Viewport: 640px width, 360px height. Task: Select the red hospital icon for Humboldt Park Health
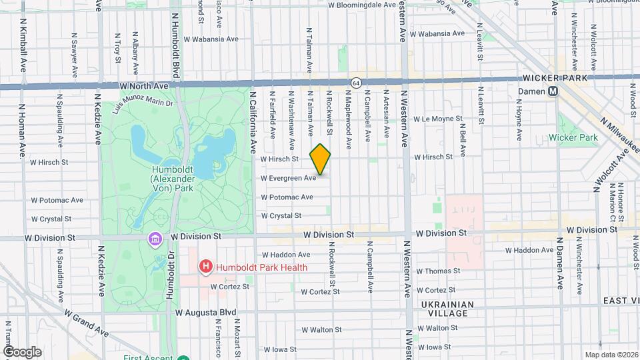click(206, 267)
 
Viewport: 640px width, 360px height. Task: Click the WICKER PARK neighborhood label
click(559, 78)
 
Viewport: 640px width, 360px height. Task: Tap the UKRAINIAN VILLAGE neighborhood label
click(447, 309)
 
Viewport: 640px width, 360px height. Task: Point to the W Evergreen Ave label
click(288, 179)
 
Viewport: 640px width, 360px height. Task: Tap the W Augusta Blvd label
click(206, 311)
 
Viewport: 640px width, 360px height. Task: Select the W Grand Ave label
click(86, 321)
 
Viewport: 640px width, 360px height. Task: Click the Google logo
click(22, 351)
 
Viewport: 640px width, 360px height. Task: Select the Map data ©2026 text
click(611, 355)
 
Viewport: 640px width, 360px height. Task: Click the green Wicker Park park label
click(572, 137)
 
